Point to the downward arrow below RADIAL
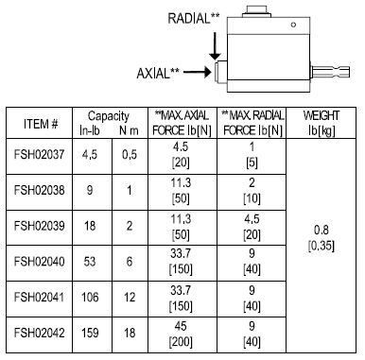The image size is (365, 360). pyautogui.click(x=217, y=43)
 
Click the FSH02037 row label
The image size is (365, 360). pyautogui.click(x=41, y=154)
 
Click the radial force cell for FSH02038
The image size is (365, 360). pyautogui.click(x=251, y=189)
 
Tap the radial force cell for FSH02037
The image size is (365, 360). pyautogui.click(x=251, y=154)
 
